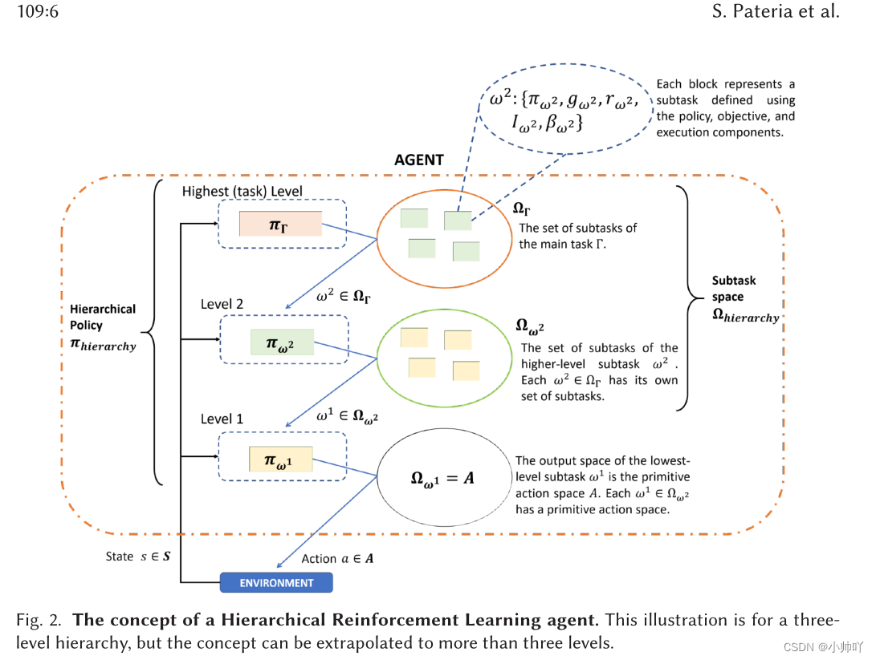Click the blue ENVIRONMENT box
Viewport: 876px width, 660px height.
276,582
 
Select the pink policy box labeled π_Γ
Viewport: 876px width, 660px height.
280,225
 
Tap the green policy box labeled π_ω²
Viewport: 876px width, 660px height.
282,342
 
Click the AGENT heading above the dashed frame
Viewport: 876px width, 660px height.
418,160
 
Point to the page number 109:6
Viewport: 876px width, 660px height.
33,11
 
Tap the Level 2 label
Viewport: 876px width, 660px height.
222,304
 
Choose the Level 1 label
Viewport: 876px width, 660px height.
222,419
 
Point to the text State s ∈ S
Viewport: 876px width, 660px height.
137,556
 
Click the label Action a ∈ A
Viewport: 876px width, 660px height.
337,558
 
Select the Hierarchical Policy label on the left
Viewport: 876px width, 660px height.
103,327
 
